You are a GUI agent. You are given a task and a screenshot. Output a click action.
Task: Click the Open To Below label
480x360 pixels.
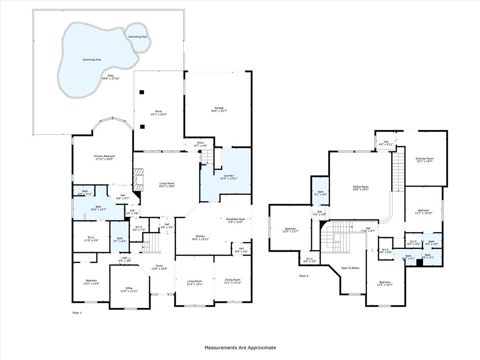(x=350, y=268)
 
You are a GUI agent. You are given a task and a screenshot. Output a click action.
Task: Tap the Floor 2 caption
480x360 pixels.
(x=304, y=276)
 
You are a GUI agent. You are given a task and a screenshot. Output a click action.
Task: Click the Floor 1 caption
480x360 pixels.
(x=77, y=313)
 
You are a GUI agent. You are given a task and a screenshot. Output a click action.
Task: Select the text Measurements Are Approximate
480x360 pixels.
(x=240, y=348)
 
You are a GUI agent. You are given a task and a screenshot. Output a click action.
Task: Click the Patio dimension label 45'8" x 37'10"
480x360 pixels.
(x=111, y=79)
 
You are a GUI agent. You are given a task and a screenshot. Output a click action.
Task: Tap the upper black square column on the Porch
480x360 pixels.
(x=142, y=92)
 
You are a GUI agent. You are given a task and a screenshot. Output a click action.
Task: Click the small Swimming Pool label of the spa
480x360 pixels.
(x=138, y=37)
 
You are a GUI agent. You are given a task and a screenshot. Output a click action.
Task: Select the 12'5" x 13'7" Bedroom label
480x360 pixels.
(x=291, y=230)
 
